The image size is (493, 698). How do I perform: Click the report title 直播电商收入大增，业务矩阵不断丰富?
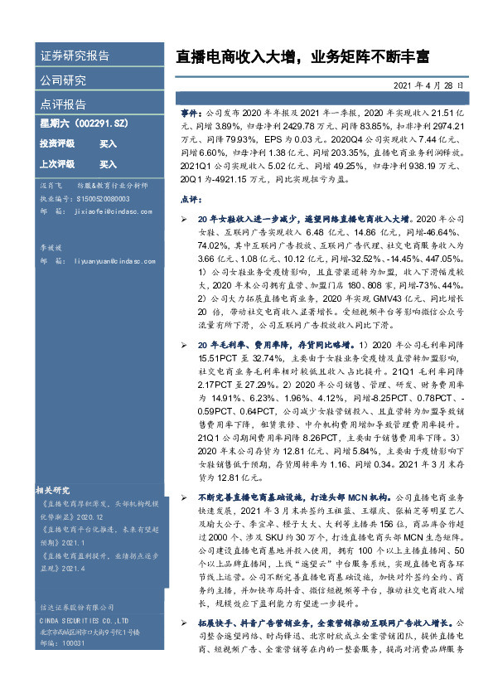302,57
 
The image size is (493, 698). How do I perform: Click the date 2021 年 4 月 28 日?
433,85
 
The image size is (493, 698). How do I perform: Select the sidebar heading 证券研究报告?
75,56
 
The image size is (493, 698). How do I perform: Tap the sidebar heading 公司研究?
63,80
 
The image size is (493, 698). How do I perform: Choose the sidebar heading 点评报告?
63,104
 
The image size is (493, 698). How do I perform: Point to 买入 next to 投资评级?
109,143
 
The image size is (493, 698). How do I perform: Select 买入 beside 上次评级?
109,164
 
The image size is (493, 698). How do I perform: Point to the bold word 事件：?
191,110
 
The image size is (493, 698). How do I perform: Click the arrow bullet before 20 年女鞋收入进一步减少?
185,216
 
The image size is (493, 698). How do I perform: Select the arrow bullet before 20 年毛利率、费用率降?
185,343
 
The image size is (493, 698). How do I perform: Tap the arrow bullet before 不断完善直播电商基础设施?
185,496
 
